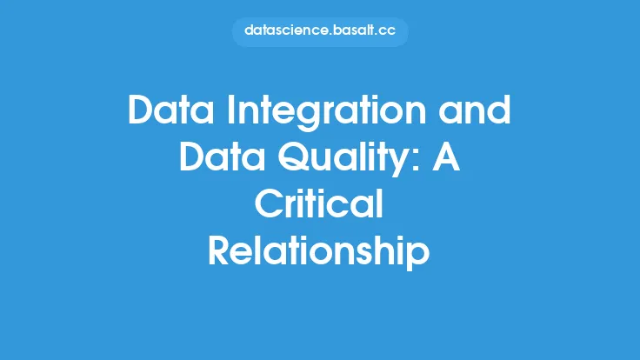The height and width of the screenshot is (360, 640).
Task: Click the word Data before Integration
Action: click(x=170, y=110)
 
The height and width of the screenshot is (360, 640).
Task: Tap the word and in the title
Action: click(x=475, y=110)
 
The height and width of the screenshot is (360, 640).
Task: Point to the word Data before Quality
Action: click(x=222, y=157)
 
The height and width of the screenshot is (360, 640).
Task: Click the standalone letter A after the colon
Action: click(x=446, y=157)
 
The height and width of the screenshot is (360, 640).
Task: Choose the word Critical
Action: click(x=319, y=203)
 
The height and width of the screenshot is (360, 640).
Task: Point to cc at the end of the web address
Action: click(x=387, y=32)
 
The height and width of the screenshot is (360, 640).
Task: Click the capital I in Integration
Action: click(x=231, y=110)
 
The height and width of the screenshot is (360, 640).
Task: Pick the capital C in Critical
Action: click(x=269, y=203)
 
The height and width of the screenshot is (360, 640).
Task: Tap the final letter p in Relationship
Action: click(x=418, y=257)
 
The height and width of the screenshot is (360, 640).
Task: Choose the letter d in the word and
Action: click(x=499, y=110)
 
